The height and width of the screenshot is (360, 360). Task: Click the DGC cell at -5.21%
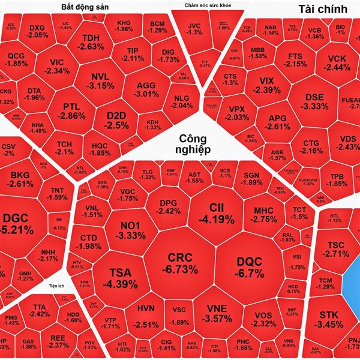18,223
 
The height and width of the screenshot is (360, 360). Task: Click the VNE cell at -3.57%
215,314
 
